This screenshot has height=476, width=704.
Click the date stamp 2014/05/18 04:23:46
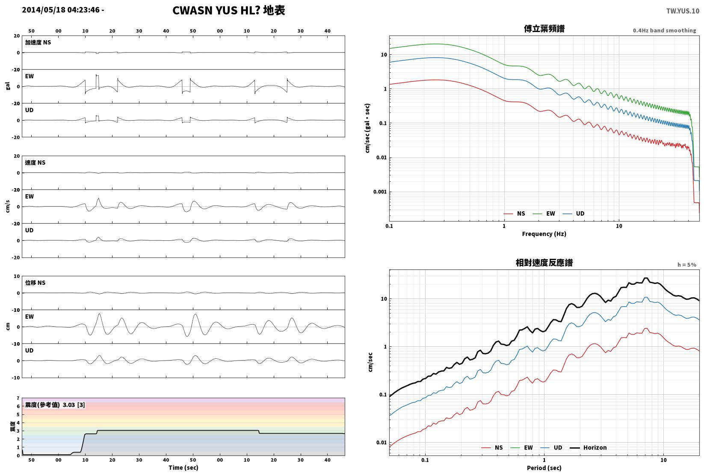pyautogui.click(x=61, y=10)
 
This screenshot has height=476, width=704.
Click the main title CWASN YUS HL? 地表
pyautogui.click(x=229, y=10)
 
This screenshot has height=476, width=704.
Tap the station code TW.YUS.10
pyautogui.click(x=683, y=11)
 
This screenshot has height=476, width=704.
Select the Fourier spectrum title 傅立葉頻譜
pyautogui.click(x=544, y=29)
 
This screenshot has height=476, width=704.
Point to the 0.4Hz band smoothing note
pyautogui.click(x=664, y=30)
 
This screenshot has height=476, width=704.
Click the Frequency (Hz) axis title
pyautogui.click(x=544, y=234)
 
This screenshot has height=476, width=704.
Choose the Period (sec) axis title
pyautogui.click(x=544, y=468)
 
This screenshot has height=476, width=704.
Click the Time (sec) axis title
pyautogui.click(x=183, y=467)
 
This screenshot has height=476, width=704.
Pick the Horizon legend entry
pyautogui.click(x=589, y=447)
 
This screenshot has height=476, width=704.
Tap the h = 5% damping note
pyautogui.click(x=687, y=265)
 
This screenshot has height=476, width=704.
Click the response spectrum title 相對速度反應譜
pyautogui.click(x=544, y=263)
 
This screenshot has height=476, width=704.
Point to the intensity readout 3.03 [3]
pyautogui.click(x=74, y=405)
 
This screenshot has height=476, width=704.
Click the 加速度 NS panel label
pyautogui.click(x=38, y=42)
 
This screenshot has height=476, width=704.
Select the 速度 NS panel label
pyautogui.click(x=35, y=163)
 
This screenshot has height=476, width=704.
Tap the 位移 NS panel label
pyautogui.click(x=35, y=283)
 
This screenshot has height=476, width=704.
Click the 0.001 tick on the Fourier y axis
pyautogui.click(x=380, y=192)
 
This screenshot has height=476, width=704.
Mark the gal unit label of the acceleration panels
pyautogui.click(x=8, y=86)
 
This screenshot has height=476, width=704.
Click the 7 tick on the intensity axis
pyautogui.click(x=18, y=398)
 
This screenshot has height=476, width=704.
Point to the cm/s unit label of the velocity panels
pyautogui.click(x=8, y=207)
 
